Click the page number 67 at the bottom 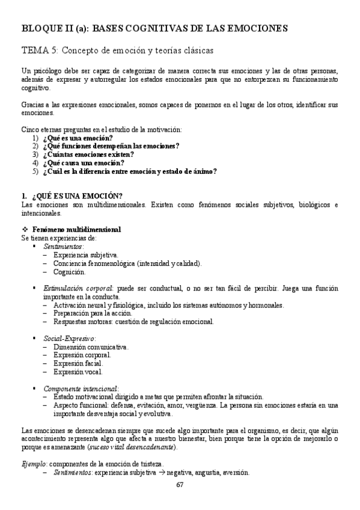coord(180,485)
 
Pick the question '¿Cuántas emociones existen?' coord(88,155)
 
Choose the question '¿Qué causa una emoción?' coord(84,163)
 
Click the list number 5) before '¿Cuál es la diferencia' coord(36,171)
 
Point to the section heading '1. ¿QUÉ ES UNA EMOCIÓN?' coord(72,196)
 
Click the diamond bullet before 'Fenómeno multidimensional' coord(25,230)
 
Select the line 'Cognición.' coord(69,272)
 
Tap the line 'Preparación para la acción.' coord(93,313)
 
